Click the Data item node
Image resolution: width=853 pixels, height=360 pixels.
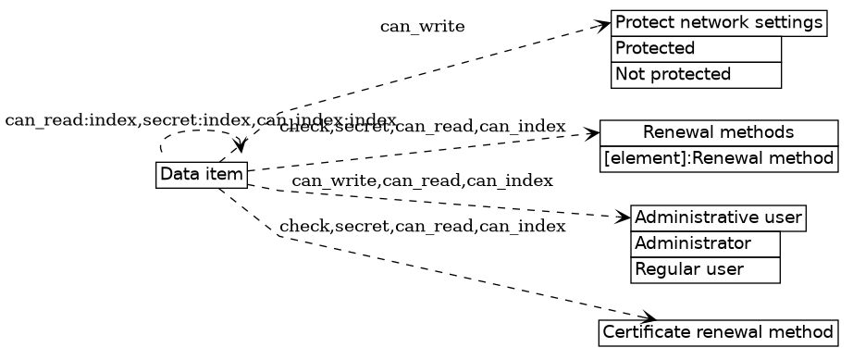pos(202,174)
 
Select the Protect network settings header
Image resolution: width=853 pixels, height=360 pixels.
pos(718,23)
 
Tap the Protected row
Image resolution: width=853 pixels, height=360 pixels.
pos(696,48)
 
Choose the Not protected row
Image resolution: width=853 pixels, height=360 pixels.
pos(696,74)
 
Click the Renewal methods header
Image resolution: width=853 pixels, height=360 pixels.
pos(719,132)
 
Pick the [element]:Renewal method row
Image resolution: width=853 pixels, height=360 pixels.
pos(719,158)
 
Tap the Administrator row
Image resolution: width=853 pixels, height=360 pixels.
pos(705,244)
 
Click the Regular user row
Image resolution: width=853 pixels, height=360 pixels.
pos(705,270)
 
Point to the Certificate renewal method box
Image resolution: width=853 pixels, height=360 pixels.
pos(719,331)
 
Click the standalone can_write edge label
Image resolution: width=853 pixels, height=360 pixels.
pos(422,27)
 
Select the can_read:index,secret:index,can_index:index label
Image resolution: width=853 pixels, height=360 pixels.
pos(200,121)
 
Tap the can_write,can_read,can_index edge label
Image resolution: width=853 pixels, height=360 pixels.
pos(422,180)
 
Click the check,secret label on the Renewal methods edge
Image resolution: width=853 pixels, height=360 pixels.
pos(422,127)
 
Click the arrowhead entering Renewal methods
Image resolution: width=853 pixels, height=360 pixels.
pos(593,134)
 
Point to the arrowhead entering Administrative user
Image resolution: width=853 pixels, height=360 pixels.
pos(623,218)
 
